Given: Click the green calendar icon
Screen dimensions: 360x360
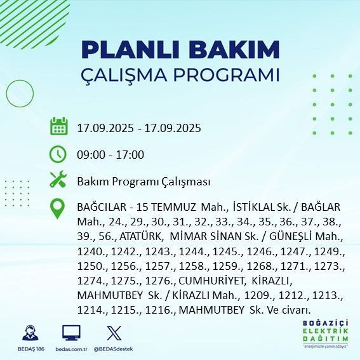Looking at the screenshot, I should pos(58,126).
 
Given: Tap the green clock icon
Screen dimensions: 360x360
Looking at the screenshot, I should pos(58,154).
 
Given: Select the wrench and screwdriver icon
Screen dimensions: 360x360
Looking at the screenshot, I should pos(58,180).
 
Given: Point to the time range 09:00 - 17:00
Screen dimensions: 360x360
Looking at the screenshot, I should pos(110,154).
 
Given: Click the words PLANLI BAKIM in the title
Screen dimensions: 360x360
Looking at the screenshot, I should pos(180,50).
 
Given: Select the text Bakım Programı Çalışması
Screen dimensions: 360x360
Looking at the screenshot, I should pos(143,182).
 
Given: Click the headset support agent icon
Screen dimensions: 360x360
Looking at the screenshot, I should pos(29,333).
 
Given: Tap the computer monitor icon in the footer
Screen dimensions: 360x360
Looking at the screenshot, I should pos(71,333).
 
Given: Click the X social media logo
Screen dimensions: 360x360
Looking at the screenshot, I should pos(114,333).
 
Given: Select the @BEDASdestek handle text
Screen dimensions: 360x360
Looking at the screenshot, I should pos(114,349).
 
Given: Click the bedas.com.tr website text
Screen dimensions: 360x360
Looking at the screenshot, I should pos(71,349).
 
